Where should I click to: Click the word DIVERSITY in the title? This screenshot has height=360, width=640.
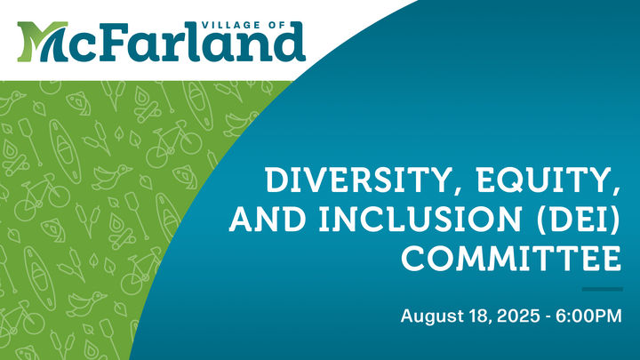[x=358, y=180]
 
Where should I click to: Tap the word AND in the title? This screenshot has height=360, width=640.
[x=268, y=219]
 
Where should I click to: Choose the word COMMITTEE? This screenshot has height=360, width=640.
[x=511, y=258]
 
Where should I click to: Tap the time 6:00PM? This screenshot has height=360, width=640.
[x=588, y=316]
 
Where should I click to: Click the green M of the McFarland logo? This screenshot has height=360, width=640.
[x=42, y=42]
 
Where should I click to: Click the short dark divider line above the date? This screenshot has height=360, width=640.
[x=602, y=289]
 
